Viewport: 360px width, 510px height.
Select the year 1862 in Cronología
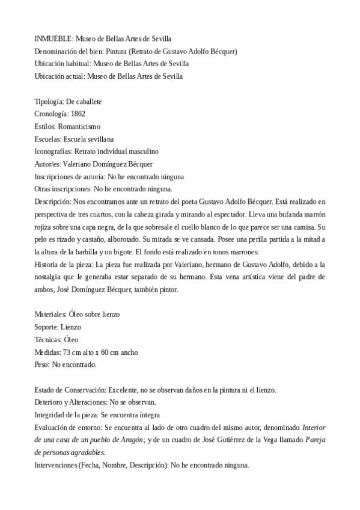click(x=78, y=113)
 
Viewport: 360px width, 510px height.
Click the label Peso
click(x=42, y=364)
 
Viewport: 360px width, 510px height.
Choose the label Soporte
click(x=46, y=327)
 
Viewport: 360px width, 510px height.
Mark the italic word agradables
click(x=84, y=452)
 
